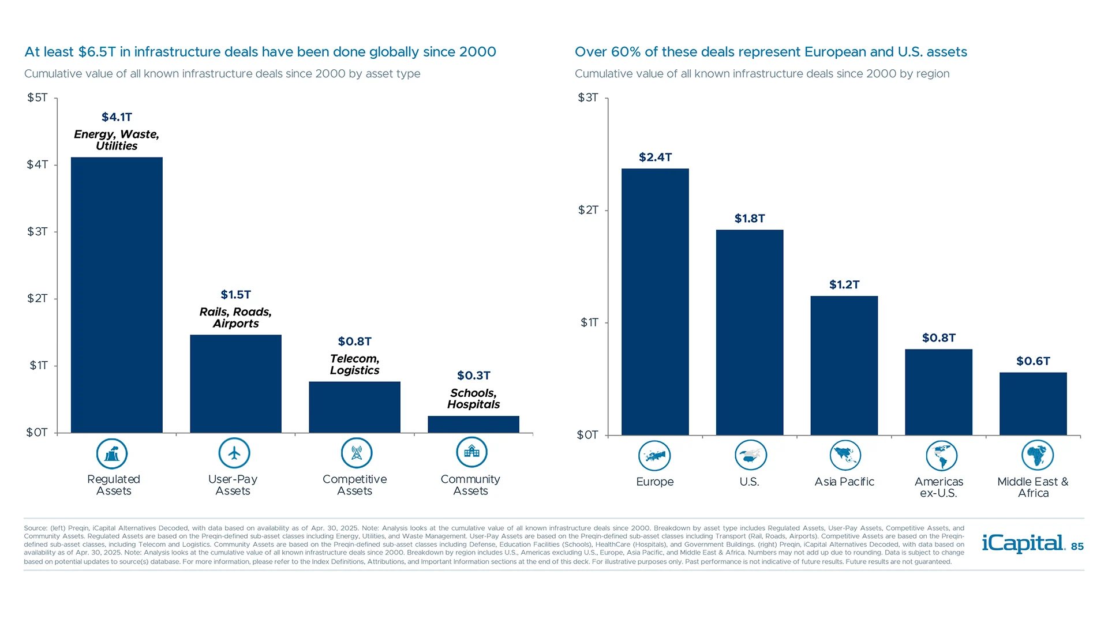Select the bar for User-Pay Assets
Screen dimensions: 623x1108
235,384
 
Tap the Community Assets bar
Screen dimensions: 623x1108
473,424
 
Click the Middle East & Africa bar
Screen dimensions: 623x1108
1033,403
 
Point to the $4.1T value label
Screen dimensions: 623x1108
117,117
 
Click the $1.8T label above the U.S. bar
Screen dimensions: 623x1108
750,218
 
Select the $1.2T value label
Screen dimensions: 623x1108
844,284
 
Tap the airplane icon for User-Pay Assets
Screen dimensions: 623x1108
234,453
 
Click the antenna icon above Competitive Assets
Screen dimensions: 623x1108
356,453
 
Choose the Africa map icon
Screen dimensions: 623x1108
1037,455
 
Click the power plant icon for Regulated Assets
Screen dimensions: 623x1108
112,453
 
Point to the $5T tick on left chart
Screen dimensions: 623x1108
38,97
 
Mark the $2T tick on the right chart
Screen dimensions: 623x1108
588,210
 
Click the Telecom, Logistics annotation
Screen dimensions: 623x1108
354,365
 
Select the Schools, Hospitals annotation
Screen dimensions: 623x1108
473,399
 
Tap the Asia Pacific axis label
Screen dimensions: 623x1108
844,482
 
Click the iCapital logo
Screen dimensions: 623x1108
1023,543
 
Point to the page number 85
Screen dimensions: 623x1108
1077,547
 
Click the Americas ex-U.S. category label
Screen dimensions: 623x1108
938,487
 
